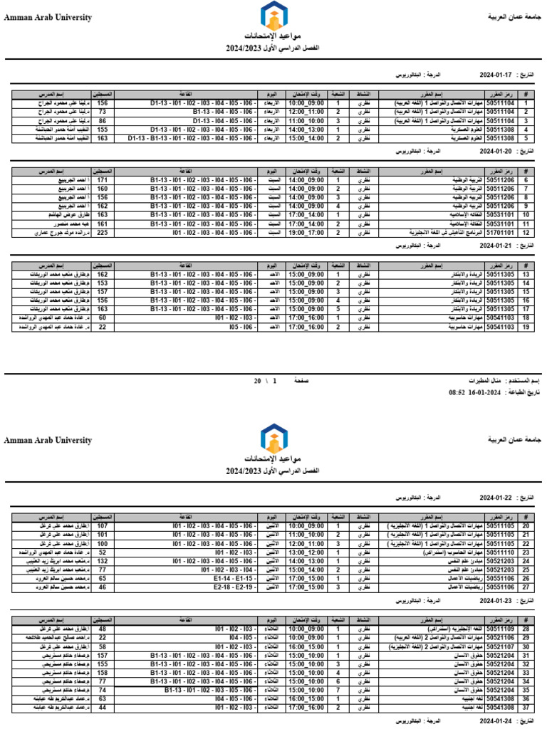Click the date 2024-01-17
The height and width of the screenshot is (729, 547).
click(x=494, y=74)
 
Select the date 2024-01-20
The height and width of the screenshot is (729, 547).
click(x=494, y=152)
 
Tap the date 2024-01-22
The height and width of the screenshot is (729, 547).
click(x=494, y=498)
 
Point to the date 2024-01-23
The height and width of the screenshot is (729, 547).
click(x=494, y=600)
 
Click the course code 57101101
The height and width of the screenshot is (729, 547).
click(x=500, y=232)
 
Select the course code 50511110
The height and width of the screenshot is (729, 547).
click(x=500, y=552)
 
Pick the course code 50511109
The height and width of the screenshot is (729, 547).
click(x=500, y=629)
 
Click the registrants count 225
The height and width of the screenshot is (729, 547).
click(x=102, y=232)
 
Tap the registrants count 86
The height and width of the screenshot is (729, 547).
click(x=102, y=121)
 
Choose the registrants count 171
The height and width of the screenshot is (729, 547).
click(x=102, y=181)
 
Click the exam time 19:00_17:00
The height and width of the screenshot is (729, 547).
click(x=306, y=232)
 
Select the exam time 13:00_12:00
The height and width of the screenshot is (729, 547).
click(x=306, y=552)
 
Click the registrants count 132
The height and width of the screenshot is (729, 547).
click(x=102, y=560)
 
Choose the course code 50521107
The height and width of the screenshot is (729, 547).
click(x=500, y=647)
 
